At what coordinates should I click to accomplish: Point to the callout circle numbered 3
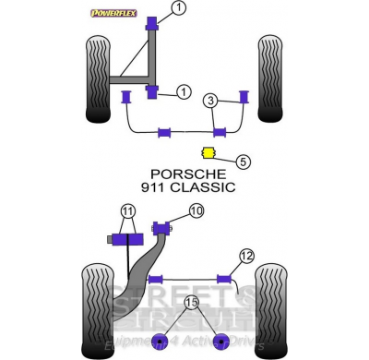(212, 100)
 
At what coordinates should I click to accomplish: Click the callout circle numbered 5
(243, 161)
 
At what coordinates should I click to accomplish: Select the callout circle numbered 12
(245, 256)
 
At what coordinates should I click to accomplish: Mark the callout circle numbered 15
(192, 302)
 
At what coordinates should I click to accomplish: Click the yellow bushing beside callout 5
(208, 152)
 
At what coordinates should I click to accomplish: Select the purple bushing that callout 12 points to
(224, 277)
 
